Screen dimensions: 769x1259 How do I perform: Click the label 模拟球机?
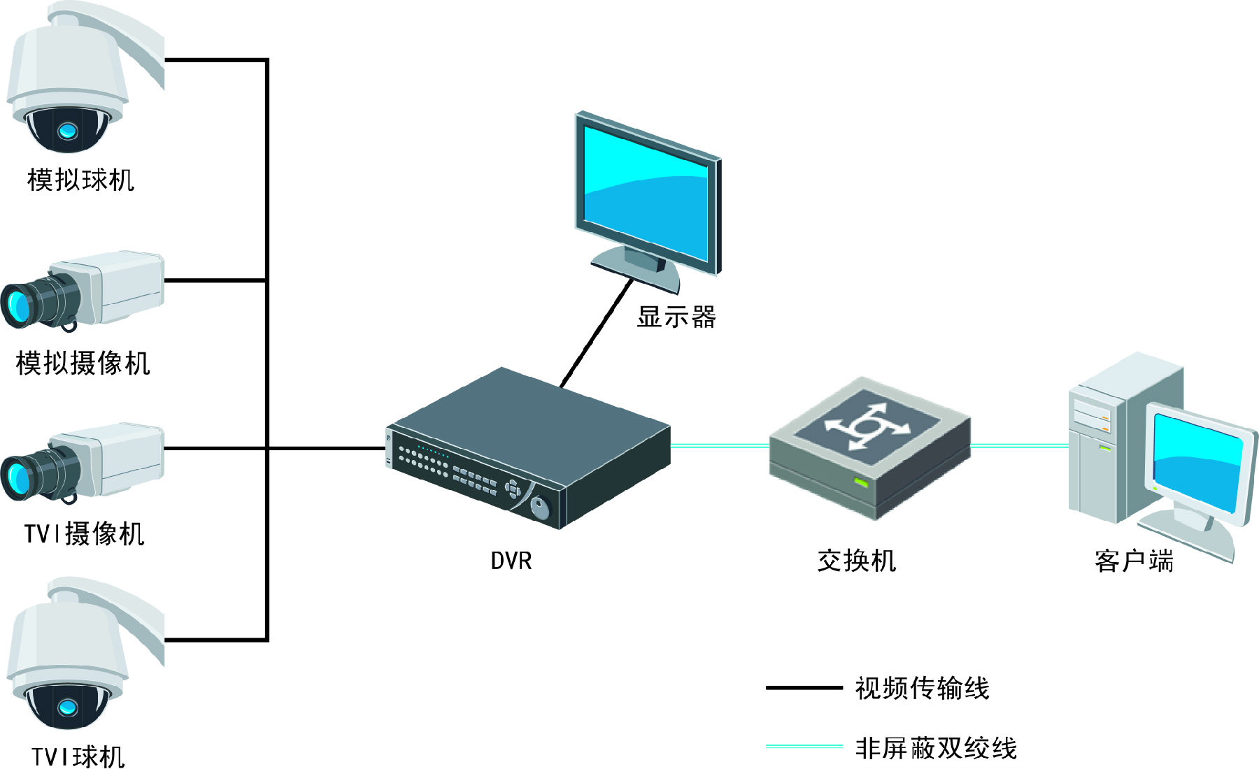pyautogui.click(x=80, y=180)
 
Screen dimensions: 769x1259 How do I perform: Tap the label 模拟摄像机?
pyautogui.click(x=83, y=364)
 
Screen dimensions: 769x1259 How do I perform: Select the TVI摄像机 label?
pyautogui.click(x=84, y=534)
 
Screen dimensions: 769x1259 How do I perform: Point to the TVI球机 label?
pyautogui.click(x=78, y=756)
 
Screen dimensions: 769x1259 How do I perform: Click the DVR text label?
pyautogui.click(x=511, y=561)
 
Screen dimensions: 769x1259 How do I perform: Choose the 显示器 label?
pyautogui.click(x=676, y=317)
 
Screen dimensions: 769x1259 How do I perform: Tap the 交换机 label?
pyautogui.click(x=856, y=561)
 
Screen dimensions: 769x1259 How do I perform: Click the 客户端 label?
pyautogui.click(x=1134, y=561)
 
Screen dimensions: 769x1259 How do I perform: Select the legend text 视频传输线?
pyautogui.click(x=922, y=688)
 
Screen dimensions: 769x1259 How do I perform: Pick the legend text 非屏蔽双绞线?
pyautogui.click(x=936, y=748)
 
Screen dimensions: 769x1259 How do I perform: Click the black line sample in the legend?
pyautogui.click(x=804, y=688)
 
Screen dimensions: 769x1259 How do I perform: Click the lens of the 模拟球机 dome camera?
pyautogui.click(x=68, y=130)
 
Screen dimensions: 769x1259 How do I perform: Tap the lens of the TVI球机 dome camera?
pyautogui.click(x=68, y=707)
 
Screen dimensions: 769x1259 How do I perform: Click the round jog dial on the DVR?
pyautogui.click(x=540, y=507)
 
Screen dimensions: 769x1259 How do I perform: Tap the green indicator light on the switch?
pyautogui.click(x=861, y=482)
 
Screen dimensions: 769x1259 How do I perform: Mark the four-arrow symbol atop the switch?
pyautogui.click(x=867, y=426)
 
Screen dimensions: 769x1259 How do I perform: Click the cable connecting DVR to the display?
pyautogui.click(x=596, y=333)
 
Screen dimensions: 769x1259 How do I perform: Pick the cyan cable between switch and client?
pyautogui.click(x=1019, y=445)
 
